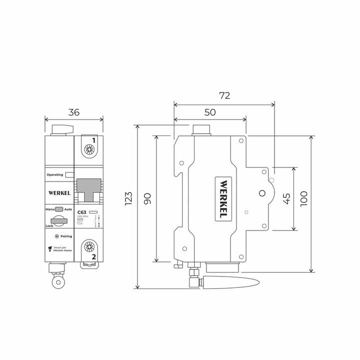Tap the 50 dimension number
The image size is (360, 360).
coord(209,112)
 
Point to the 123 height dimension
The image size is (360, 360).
coord(128,198)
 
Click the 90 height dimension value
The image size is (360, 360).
coord(147,198)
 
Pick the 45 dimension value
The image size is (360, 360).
coord(286,199)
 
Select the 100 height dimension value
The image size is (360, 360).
coord(303,199)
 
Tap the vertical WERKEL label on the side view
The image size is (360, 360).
coord(223,198)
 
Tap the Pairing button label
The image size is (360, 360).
coord(66,235)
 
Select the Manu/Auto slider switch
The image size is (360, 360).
coord(59,209)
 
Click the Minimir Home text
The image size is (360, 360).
coord(63,251)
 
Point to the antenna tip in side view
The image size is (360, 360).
coord(257,281)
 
